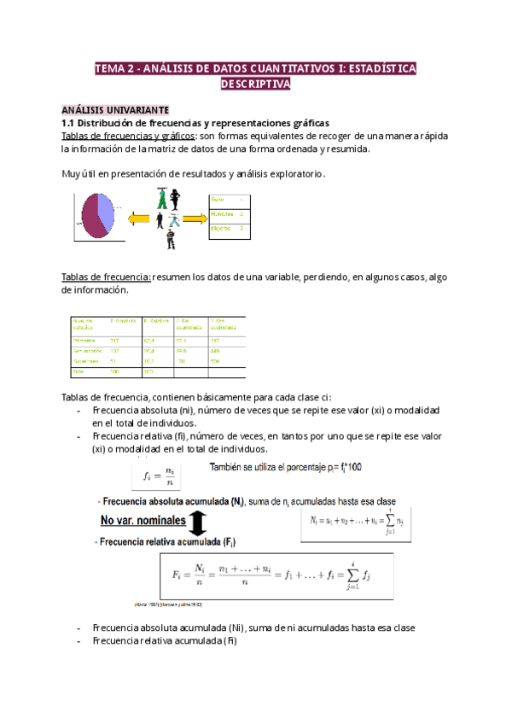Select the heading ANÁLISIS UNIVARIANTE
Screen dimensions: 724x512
tap(115, 109)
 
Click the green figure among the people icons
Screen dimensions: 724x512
tap(161, 199)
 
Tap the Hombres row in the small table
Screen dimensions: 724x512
tap(227, 214)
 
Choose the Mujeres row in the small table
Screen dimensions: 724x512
tap(227, 228)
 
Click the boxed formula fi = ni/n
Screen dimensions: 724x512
tap(156, 476)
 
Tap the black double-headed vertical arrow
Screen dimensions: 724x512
tap(195, 522)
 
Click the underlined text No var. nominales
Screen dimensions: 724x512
tap(138, 522)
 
